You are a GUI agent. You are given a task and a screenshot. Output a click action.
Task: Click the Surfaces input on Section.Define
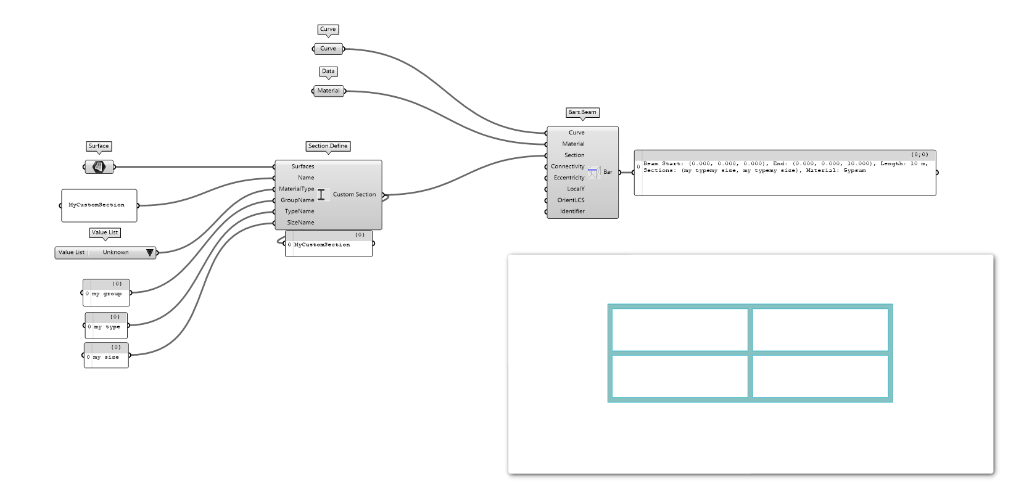pyautogui.click(x=302, y=166)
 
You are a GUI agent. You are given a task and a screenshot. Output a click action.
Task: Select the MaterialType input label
pyautogui.click(x=296, y=189)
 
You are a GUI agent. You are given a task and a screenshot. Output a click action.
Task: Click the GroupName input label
pyautogui.click(x=297, y=200)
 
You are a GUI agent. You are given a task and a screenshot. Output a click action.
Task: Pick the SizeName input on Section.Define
pyautogui.click(x=300, y=223)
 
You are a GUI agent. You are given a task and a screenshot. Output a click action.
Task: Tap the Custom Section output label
pyautogui.click(x=354, y=194)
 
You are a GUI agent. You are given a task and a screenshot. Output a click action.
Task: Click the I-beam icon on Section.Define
pyautogui.click(x=321, y=195)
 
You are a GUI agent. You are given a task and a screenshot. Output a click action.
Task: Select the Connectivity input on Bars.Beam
pyautogui.click(x=568, y=166)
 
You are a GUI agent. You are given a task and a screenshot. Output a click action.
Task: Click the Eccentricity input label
pyautogui.click(x=569, y=178)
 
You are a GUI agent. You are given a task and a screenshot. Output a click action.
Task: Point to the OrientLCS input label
pyautogui.click(x=571, y=200)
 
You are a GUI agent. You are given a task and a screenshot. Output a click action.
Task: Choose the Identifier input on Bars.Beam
pyautogui.click(x=572, y=212)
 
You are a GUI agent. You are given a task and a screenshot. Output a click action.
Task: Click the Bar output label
pyautogui.click(x=608, y=172)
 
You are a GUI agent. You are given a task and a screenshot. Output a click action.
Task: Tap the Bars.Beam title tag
pyautogui.click(x=582, y=112)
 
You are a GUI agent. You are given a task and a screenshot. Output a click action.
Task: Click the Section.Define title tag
pyautogui.click(x=328, y=146)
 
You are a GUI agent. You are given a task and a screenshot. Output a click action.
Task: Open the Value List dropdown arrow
pyautogui.click(x=149, y=252)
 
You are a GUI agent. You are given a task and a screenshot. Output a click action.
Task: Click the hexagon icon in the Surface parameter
pyautogui.click(x=99, y=166)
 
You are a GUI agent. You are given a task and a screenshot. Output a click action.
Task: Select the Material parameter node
pyautogui.click(x=328, y=91)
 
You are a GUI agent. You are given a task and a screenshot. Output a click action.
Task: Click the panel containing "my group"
pyautogui.click(x=107, y=294)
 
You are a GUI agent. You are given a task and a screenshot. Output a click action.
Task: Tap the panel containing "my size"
pyautogui.click(x=106, y=357)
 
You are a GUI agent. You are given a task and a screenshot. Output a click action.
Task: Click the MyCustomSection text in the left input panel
pyautogui.click(x=96, y=205)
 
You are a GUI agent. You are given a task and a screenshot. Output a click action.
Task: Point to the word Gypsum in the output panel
pyautogui.click(x=854, y=171)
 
